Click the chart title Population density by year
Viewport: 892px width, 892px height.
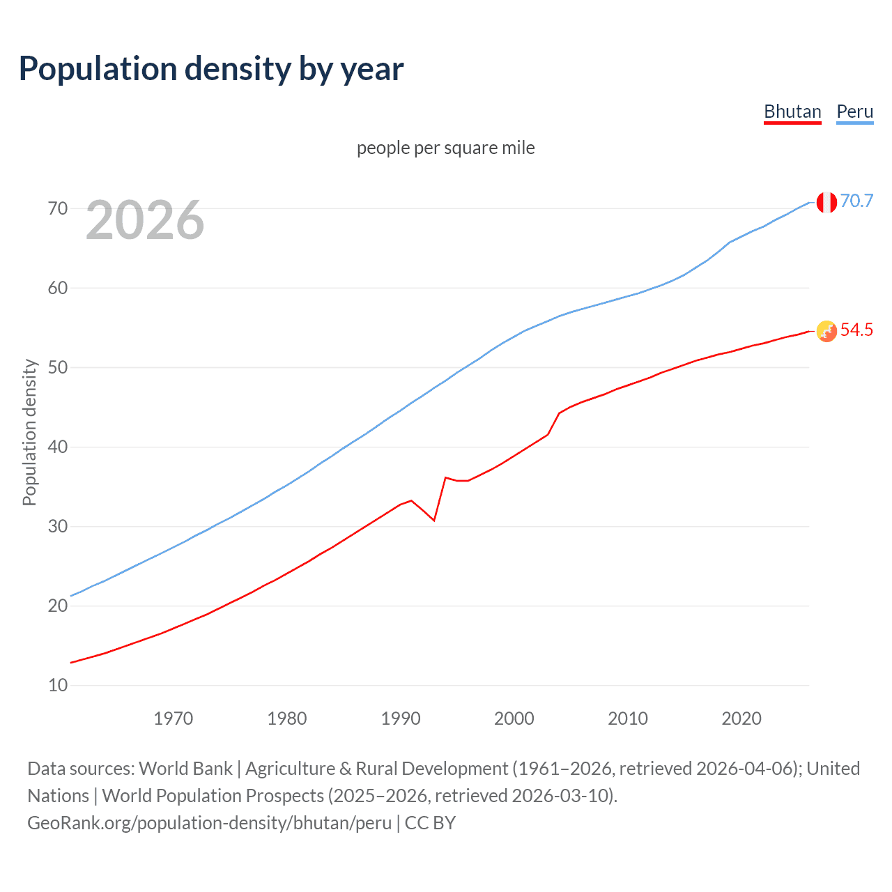(211, 69)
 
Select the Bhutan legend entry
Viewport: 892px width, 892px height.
(792, 111)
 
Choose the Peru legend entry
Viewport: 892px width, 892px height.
(854, 111)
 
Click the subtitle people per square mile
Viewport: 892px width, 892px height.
(445, 148)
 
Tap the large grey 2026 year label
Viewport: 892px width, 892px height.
(145, 221)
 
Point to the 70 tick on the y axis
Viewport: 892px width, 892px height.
(58, 208)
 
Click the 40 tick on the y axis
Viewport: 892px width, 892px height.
(58, 447)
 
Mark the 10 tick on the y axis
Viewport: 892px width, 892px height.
(58, 685)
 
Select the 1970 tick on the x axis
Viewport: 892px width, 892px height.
(173, 718)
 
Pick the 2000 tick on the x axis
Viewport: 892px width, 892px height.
(514, 718)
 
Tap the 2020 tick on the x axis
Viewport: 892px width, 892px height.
(741, 718)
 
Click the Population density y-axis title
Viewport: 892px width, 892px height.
(29, 432)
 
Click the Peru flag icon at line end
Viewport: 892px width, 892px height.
(826, 202)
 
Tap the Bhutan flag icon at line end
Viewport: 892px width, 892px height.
(826, 332)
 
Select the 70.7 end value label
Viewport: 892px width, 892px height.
(856, 201)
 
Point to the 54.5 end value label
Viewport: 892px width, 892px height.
(856, 330)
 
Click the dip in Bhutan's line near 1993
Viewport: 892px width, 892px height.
(433, 520)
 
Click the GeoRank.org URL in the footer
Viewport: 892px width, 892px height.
(209, 823)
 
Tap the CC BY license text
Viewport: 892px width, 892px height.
(430, 823)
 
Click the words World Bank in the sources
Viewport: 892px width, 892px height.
(185, 769)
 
